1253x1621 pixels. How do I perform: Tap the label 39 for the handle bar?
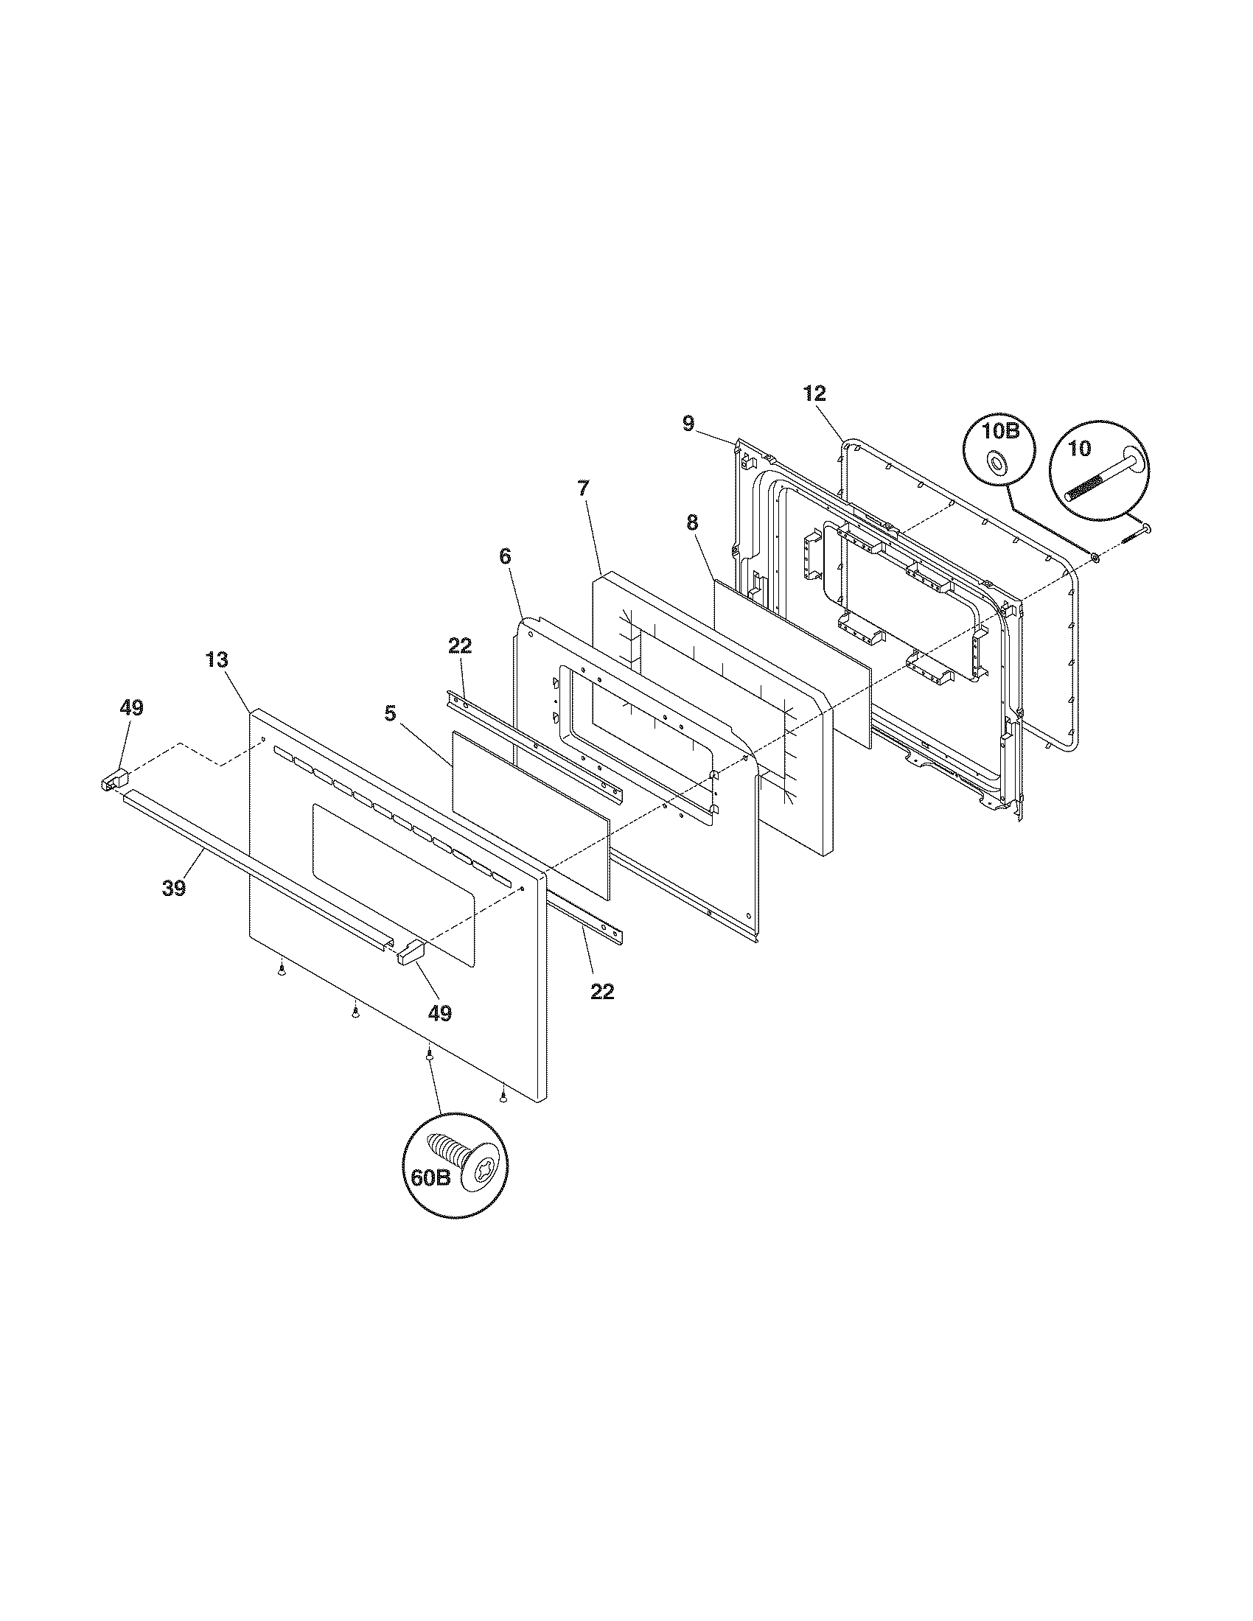click(174, 888)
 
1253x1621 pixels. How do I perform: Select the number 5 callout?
click(390, 714)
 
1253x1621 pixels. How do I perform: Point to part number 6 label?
click(506, 556)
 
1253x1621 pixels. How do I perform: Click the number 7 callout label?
click(583, 489)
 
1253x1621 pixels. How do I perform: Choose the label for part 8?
click(692, 523)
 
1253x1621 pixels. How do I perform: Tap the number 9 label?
click(688, 424)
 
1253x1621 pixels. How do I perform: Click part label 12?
click(814, 394)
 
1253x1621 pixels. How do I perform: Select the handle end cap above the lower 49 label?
click(411, 950)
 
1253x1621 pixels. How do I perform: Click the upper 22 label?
click(460, 645)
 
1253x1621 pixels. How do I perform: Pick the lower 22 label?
click(602, 991)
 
